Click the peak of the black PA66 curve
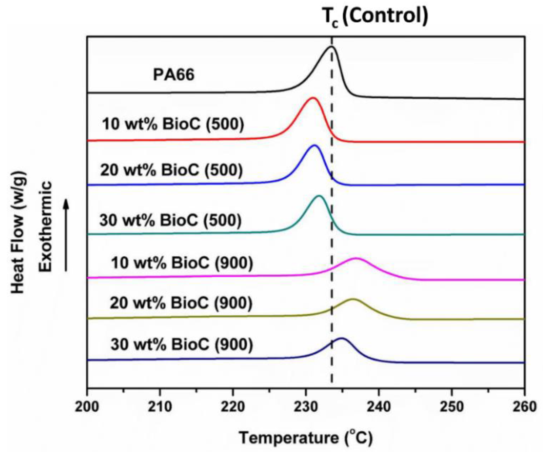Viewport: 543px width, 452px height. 331,47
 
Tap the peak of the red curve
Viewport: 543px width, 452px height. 312,98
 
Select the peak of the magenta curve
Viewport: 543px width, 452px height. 356,259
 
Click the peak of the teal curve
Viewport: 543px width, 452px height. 319,196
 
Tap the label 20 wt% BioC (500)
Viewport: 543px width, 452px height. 171,170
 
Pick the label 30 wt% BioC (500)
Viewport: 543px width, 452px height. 170,220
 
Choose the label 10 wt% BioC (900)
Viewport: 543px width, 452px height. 182,263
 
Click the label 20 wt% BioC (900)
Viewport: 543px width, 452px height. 181,303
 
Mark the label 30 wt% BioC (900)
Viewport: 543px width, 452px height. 182,344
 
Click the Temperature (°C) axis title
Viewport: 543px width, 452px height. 306,438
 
